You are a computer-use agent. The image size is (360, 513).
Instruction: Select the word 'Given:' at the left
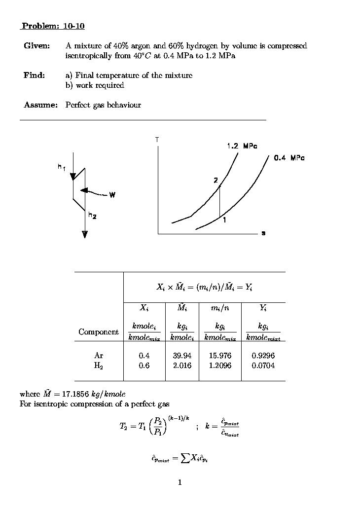pos(37,46)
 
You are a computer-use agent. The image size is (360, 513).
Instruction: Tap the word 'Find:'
pos(35,75)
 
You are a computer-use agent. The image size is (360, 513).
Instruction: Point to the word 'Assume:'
pos(41,105)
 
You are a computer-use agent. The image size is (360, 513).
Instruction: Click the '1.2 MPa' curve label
pos(242,146)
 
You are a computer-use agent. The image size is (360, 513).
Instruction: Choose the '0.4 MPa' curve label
pos(289,158)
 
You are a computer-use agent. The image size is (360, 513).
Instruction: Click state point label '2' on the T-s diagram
pos(216,181)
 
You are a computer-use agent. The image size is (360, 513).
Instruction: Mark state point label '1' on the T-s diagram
pos(224,220)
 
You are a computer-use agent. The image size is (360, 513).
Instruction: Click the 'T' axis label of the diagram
pos(157,140)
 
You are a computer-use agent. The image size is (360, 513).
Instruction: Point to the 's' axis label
pos(263,233)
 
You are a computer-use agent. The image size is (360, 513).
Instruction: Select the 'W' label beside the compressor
pos(112,195)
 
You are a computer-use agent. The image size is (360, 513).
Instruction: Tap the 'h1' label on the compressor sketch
pos(61,167)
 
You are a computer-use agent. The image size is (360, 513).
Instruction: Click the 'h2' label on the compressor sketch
pos(92,215)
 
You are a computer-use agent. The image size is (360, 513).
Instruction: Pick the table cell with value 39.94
pos(182,356)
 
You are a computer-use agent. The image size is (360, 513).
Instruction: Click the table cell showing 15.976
pos(220,356)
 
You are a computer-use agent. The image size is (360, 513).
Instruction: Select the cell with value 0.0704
pos(263,366)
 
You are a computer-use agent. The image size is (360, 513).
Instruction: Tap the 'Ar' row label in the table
pos(99,356)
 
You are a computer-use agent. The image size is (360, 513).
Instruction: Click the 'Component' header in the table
pos(99,332)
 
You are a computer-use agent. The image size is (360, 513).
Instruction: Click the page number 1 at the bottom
pos(180,482)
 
